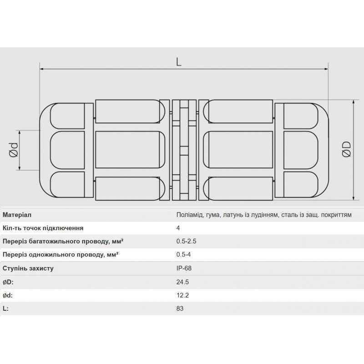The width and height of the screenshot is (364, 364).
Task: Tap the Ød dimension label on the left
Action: [14, 151]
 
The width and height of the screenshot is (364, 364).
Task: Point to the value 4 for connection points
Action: [178, 228]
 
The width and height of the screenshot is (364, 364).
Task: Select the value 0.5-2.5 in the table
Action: [186, 242]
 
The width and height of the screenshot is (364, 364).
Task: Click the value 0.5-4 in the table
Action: [183, 255]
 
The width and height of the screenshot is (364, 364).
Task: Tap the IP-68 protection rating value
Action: [184, 268]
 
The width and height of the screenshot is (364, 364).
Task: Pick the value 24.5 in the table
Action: [182, 282]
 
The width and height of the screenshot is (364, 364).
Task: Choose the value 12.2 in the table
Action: [182, 295]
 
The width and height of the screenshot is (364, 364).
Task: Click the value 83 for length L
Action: [180, 308]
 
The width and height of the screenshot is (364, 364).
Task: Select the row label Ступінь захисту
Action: [28, 268]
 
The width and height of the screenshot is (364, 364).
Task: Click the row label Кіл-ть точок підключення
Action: [43, 228]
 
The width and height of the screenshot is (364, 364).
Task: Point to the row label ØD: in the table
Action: [9, 282]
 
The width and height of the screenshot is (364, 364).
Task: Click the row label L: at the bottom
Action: [5, 308]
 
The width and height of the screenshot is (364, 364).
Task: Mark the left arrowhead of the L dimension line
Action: [43, 69]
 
